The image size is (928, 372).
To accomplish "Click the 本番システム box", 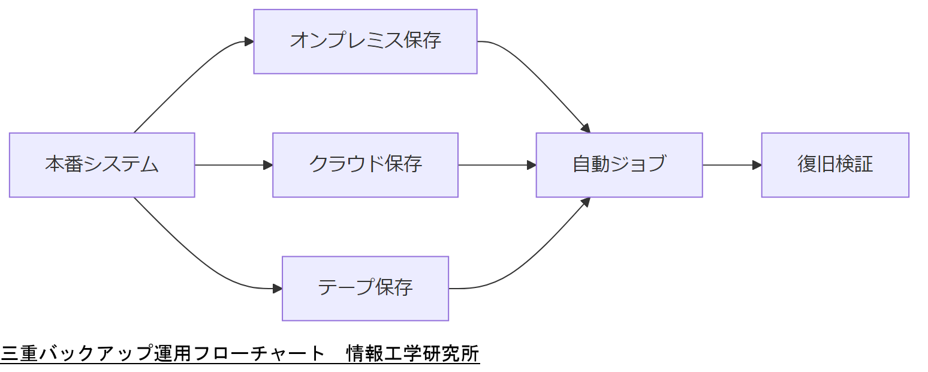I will click(x=102, y=165).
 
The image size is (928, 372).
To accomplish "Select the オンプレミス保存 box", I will click(x=365, y=41).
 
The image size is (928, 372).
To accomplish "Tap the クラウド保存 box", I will click(x=365, y=165).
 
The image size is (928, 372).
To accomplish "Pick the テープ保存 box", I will click(x=365, y=289).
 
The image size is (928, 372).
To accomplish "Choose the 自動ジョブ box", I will click(x=619, y=165).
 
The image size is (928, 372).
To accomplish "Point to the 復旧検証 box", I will click(x=834, y=165).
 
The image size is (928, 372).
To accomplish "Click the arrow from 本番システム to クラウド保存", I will click(x=231, y=165).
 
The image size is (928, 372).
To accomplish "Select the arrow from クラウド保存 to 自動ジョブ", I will click(x=495, y=165).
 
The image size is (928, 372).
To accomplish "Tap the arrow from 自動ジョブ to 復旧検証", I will click(x=728, y=165).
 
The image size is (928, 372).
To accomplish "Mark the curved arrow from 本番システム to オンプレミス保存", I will click(x=186, y=81).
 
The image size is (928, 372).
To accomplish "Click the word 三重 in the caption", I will click(x=19, y=353).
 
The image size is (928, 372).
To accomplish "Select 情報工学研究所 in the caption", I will click(x=413, y=353).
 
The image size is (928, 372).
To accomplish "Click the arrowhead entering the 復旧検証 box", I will click(x=757, y=165).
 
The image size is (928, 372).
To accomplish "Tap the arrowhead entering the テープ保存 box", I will click(x=277, y=289).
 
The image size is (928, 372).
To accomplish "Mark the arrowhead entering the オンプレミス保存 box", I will click(x=249, y=41).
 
